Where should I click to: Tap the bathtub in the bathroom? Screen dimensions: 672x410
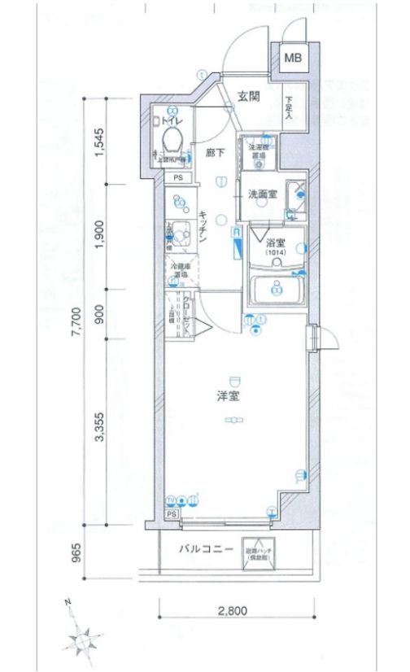tap(277, 289)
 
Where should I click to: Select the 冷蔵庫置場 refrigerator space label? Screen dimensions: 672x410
tap(179, 271)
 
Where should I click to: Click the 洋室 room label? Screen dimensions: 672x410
tap(228, 397)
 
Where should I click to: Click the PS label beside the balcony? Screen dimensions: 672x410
tap(172, 514)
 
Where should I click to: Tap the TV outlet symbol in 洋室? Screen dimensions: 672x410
tap(171, 500)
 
